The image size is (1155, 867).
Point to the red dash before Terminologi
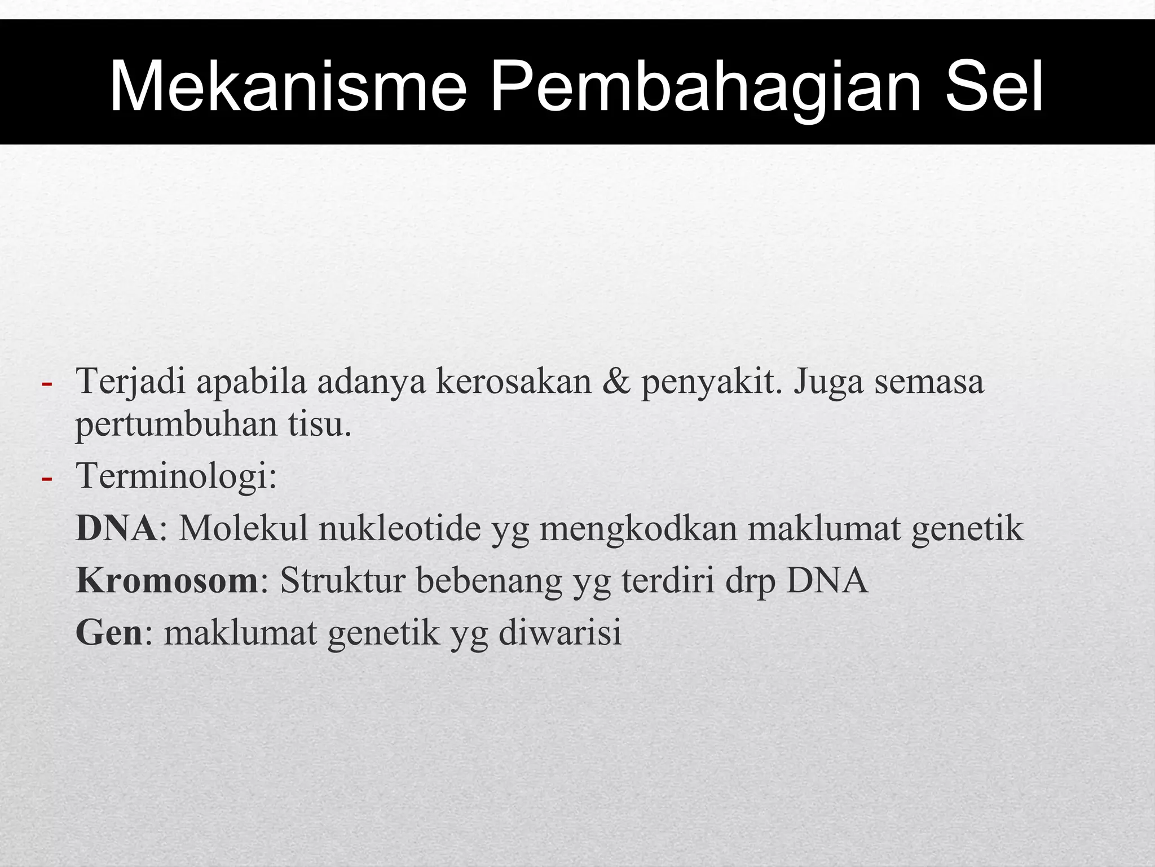coord(47,478)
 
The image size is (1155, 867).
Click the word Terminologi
coord(175,476)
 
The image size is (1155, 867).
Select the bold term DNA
coord(116,528)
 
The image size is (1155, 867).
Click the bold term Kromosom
coord(167,580)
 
